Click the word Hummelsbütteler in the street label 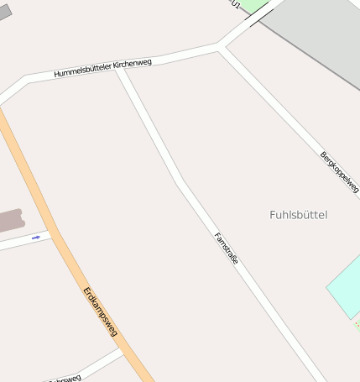pyautogui.click(x=81, y=70)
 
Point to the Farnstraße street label pyautogui.click(x=227, y=249)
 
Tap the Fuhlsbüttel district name pyautogui.click(x=299, y=215)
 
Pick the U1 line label pyautogui.click(x=235, y=4)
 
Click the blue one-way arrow pyautogui.click(x=36, y=238)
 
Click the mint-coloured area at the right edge pyautogui.click(x=345, y=285)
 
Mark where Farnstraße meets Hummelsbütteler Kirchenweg pyautogui.click(x=120, y=68)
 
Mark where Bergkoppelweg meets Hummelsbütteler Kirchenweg pyautogui.click(x=220, y=46)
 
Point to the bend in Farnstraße pyautogui.click(x=180, y=181)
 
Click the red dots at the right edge pyautogui.click(x=357, y=323)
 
